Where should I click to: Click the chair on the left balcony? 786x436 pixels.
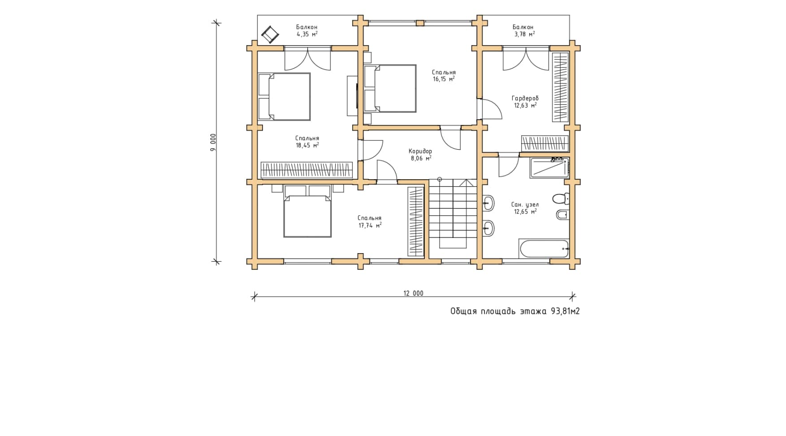(x=270, y=34)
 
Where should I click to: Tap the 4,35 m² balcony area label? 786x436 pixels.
(x=307, y=34)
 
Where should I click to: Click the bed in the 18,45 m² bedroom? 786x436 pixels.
(x=285, y=97)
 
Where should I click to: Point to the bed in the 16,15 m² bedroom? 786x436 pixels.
(x=390, y=88)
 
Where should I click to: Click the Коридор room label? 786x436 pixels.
(x=420, y=151)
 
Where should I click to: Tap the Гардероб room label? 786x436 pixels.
(x=525, y=98)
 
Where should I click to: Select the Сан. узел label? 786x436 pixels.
(x=525, y=204)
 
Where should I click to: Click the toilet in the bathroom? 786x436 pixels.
(x=561, y=198)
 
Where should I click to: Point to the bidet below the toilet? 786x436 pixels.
(x=562, y=215)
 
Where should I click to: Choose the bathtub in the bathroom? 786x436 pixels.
(x=544, y=249)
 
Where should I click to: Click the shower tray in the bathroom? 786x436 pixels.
(x=549, y=168)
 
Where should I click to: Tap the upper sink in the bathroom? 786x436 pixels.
(x=488, y=203)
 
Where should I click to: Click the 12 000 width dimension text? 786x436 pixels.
(x=413, y=294)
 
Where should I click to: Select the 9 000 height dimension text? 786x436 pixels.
(x=213, y=142)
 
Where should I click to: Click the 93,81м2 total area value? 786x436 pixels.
(x=565, y=311)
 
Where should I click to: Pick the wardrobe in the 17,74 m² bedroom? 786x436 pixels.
(x=415, y=222)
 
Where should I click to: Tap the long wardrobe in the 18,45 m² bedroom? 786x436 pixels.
(x=307, y=170)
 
